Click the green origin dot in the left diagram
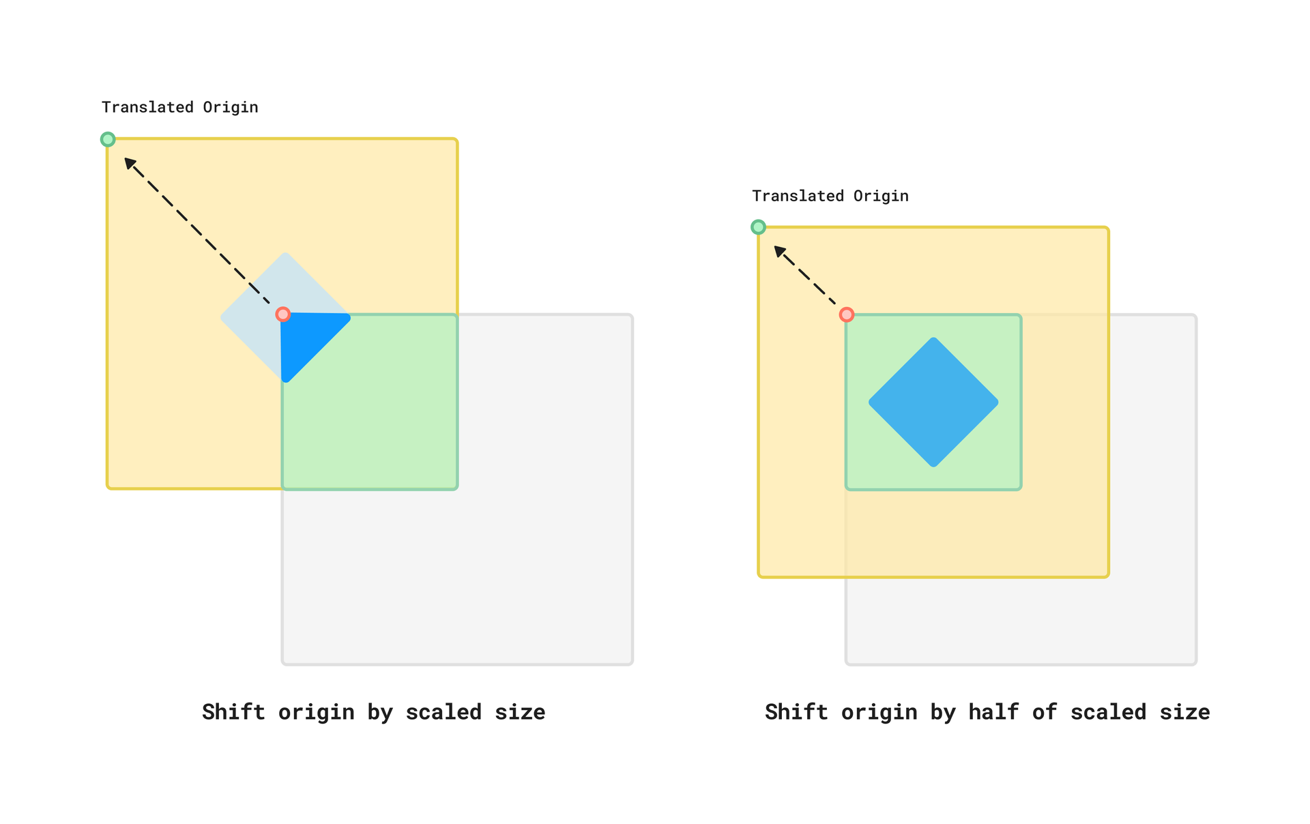[108, 140]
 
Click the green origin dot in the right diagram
[758, 227]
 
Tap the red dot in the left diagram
[283, 314]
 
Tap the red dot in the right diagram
[847, 314]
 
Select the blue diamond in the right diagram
[933, 402]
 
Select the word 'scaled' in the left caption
[443, 712]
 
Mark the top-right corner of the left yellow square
[456, 140]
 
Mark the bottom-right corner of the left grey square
[632, 663]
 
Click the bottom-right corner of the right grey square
[1195, 663]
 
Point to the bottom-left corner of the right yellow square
[759, 576]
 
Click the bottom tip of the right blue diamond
[933, 466]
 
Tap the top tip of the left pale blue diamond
[286, 254]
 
